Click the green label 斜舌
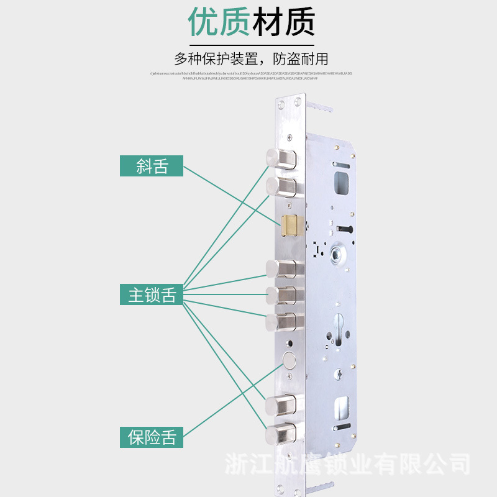(x=152, y=166)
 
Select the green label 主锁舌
(x=152, y=295)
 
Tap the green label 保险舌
(x=152, y=437)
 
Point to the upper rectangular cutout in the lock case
(x=341, y=182)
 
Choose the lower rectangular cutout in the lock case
(x=341, y=408)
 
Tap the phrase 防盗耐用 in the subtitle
(x=301, y=60)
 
